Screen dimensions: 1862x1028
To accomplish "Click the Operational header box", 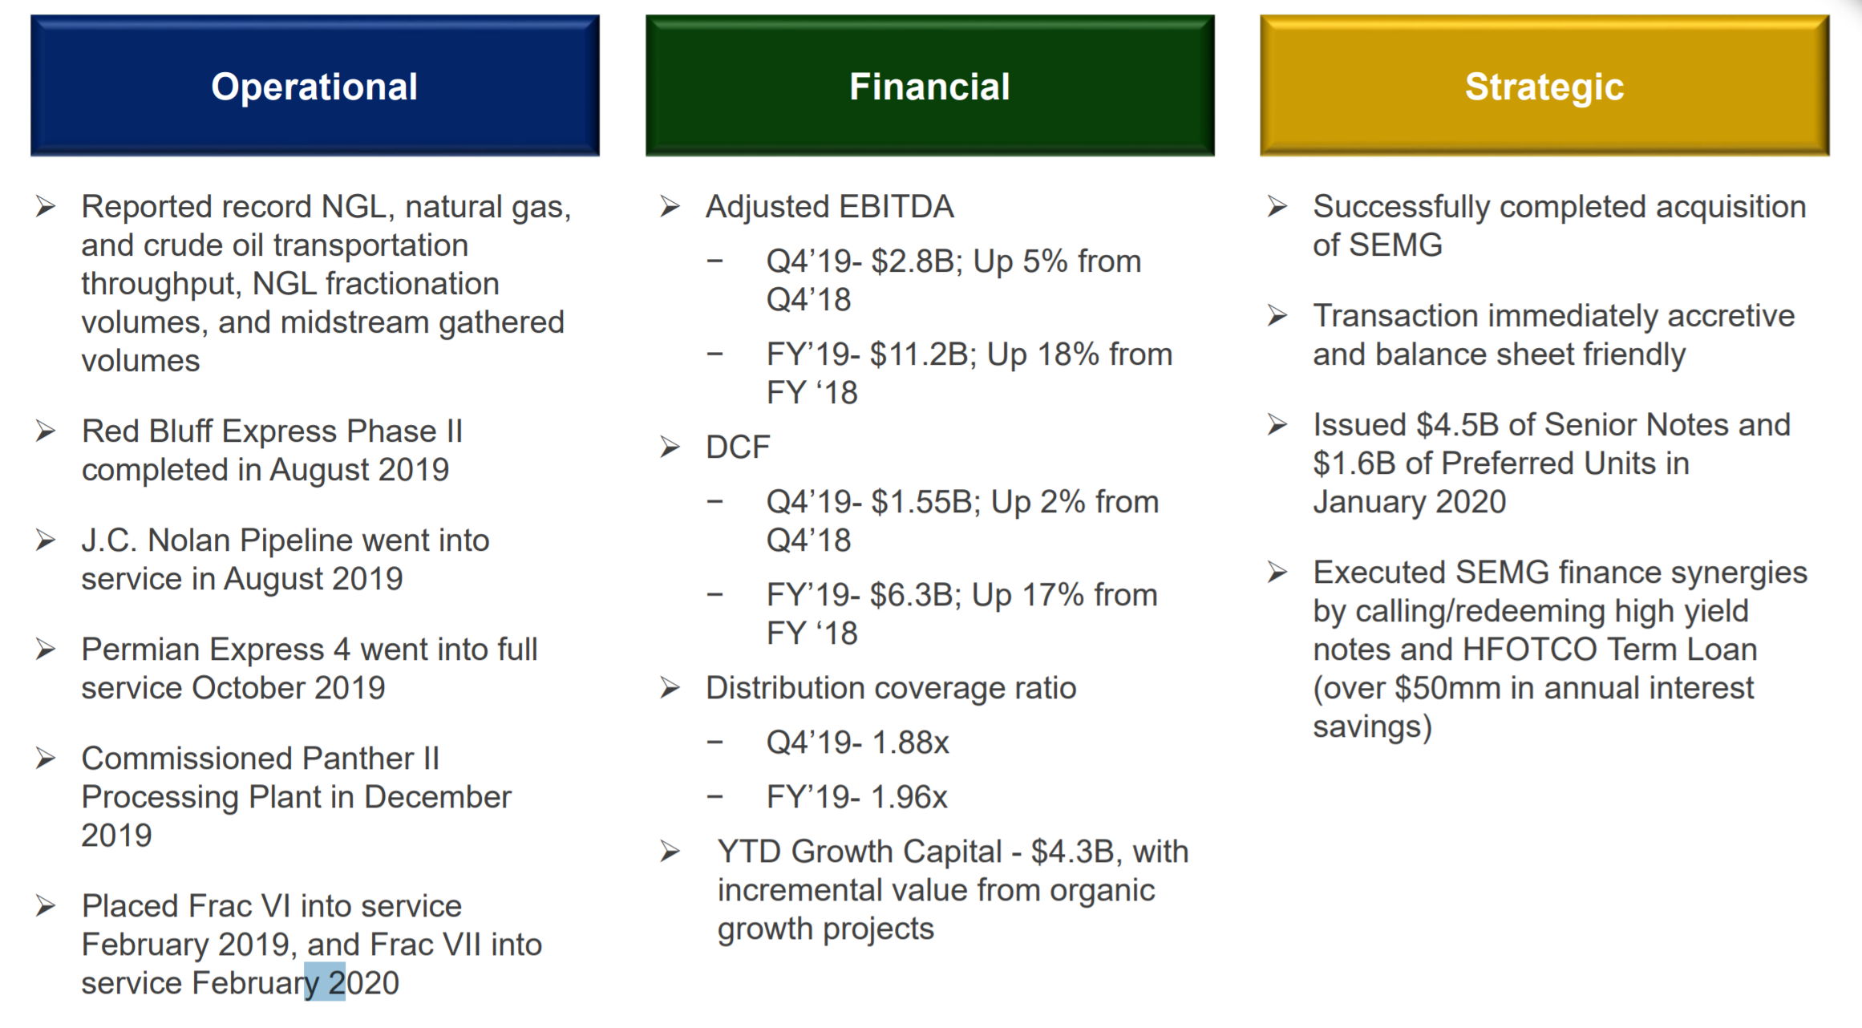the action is [315, 85].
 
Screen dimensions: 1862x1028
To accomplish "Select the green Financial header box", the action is [930, 85].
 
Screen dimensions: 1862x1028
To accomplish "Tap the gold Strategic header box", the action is [1544, 85].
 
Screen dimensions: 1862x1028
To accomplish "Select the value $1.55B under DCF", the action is [926, 502].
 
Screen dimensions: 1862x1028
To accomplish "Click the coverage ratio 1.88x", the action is [910, 743].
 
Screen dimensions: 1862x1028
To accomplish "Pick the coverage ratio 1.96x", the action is [909, 797].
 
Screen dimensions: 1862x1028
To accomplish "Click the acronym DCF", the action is [738, 447].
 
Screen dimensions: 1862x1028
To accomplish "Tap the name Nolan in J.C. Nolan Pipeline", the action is [188, 540].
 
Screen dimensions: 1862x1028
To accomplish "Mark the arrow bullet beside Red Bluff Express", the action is [46, 431].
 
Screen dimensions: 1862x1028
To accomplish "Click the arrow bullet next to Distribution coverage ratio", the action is [670, 688].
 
